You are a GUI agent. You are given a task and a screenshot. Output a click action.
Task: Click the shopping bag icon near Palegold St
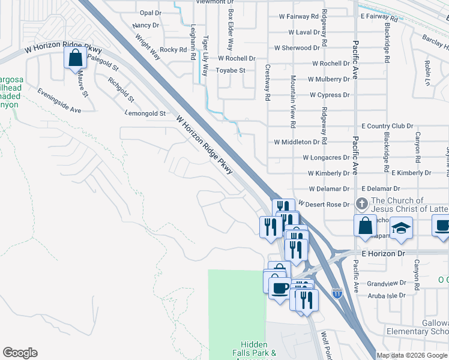[x=75, y=58]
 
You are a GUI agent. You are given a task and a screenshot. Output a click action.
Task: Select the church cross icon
[x=361, y=204]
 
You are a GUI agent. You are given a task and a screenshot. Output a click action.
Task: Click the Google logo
[x=20, y=353]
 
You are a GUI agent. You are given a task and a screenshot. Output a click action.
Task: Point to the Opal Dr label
[x=151, y=13]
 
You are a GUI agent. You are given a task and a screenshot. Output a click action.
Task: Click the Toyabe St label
[x=231, y=70]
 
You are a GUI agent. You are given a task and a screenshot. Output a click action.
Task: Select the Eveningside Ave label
[x=59, y=101]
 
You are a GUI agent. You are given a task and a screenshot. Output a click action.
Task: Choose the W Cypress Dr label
[x=329, y=95]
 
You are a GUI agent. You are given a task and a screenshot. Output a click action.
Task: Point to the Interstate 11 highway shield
[x=337, y=293]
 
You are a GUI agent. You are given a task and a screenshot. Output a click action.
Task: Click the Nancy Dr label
[x=146, y=25]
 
